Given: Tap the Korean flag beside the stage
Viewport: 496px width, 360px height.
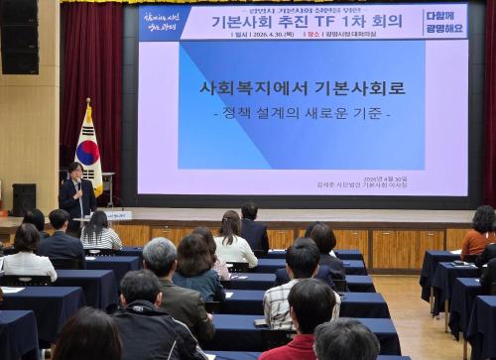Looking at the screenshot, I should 88,151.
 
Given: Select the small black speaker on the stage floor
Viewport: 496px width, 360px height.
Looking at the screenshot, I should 24,197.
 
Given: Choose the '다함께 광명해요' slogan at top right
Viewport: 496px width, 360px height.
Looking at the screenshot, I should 443,21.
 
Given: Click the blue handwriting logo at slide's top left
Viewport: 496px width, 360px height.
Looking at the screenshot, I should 163,22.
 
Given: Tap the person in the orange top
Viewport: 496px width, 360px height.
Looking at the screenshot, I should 481,233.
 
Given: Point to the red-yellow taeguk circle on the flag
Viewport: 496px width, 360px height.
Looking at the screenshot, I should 88,153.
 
